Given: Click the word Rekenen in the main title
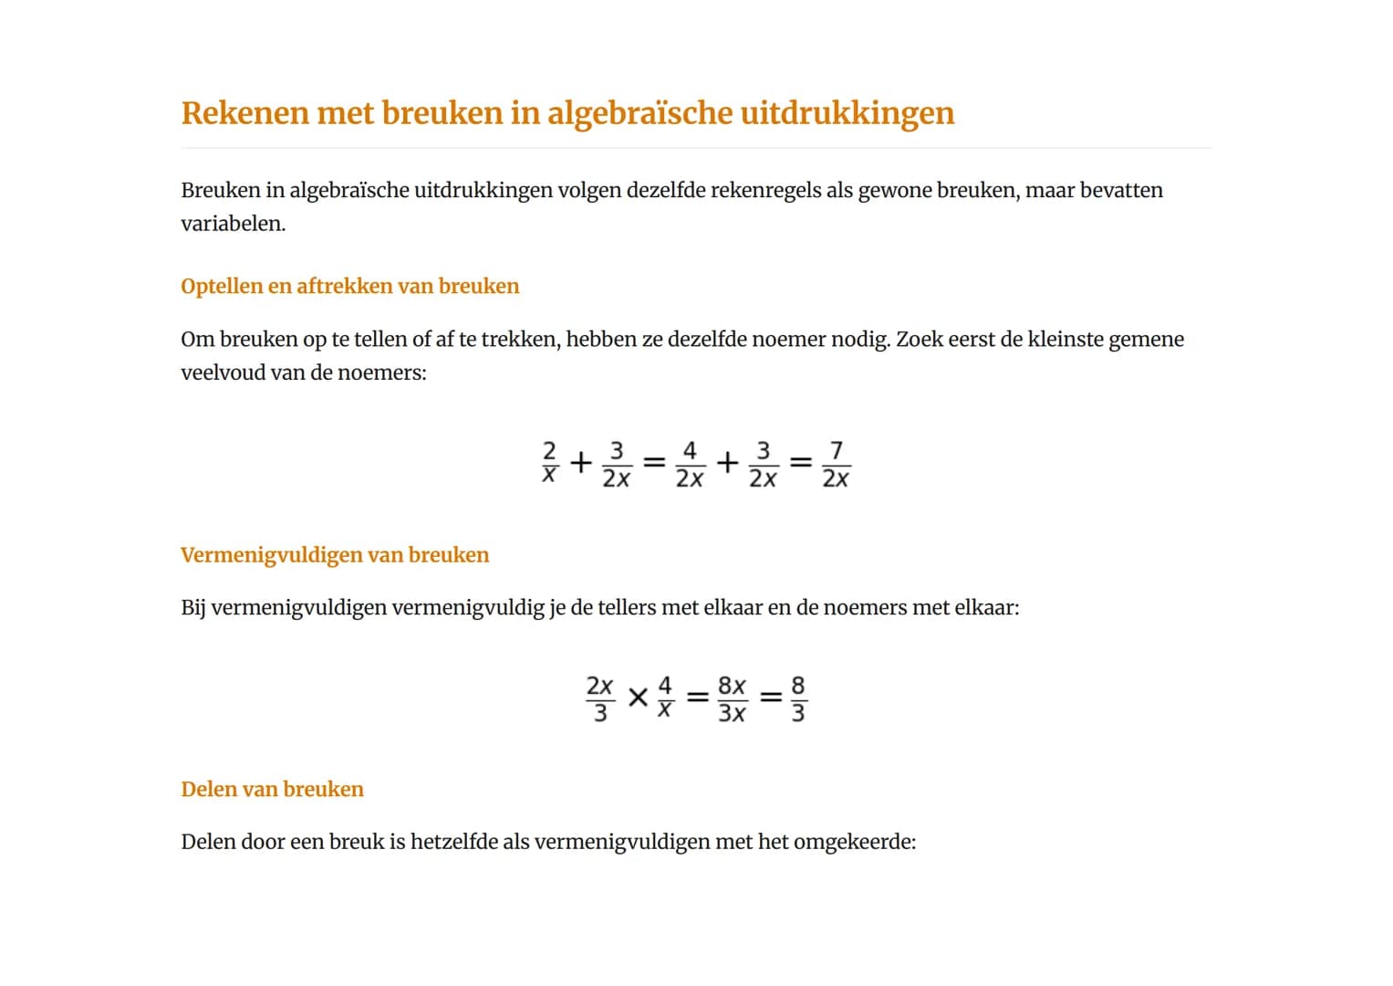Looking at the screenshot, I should click(x=245, y=113).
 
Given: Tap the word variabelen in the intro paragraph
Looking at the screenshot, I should click(x=233, y=224).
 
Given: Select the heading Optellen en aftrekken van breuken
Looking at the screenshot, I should click(x=349, y=287).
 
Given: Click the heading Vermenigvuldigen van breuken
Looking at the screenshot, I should click(x=335, y=555).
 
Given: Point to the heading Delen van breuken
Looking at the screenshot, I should click(x=272, y=790).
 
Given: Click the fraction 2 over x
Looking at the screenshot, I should click(x=549, y=463).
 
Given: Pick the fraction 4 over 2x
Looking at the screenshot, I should click(x=690, y=464).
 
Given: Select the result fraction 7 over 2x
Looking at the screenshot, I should click(x=836, y=464).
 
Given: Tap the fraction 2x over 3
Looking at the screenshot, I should click(x=599, y=698).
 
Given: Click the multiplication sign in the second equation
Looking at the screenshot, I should click(x=639, y=698).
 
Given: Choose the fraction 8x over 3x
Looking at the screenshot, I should click(x=732, y=698).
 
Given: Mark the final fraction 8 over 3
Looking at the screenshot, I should click(x=798, y=698).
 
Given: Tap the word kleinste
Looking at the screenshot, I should click(x=1066, y=340).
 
